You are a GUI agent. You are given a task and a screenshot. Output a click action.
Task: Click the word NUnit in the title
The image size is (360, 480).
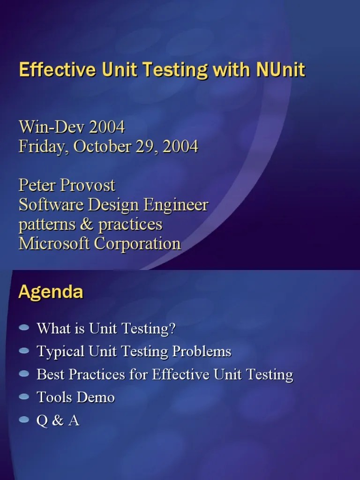click(x=281, y=70)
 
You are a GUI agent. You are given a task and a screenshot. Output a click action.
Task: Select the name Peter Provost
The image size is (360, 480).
click(x=67, y=185)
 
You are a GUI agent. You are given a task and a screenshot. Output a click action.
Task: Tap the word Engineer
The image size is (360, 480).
click(x=178, y=205)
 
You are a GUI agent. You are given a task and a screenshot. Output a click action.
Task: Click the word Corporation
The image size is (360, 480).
click(x=137, y=244)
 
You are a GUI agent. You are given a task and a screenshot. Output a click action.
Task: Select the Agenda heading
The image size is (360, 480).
click(x=51, y=292)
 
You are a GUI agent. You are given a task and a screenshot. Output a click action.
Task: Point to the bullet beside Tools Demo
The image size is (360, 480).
click(x=24, y=397)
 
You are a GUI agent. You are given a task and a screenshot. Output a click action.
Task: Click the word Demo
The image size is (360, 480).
click(x=97, y=397)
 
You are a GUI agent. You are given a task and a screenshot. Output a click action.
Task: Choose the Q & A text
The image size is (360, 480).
click(x=58, y=420)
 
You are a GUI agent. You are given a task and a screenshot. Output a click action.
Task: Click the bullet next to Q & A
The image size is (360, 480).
click(x=24, y=420)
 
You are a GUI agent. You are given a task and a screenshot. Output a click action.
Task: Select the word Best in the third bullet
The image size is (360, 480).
click(x=49, y=375)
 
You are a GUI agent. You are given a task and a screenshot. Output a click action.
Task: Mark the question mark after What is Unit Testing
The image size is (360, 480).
click(x=171, y=328)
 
